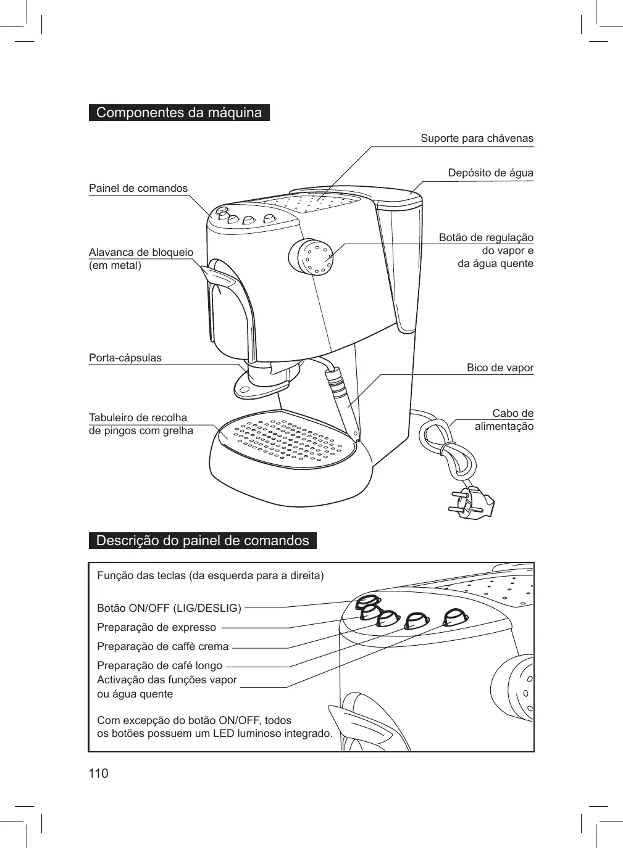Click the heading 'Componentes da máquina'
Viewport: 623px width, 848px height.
point(179,113)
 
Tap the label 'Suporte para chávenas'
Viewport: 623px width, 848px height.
point(477,138)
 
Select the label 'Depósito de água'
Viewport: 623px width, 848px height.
point(490,173)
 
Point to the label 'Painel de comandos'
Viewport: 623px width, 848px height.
point(138,188)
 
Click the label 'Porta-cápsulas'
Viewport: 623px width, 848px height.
point(125,358)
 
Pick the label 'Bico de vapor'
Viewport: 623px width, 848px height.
point(500,368)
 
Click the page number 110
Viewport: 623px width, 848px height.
point(98,773)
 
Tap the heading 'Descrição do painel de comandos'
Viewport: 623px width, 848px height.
point(203,541)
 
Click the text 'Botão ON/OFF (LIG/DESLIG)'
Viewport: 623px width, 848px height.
point(169,608)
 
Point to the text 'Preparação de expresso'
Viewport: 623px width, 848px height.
point(157,628)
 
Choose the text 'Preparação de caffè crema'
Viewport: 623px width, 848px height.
point(163,647)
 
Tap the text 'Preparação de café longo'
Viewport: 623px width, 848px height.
point(160,666)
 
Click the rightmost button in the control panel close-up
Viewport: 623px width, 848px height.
point(456,616)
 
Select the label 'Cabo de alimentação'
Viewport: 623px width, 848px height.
point(504,419)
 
